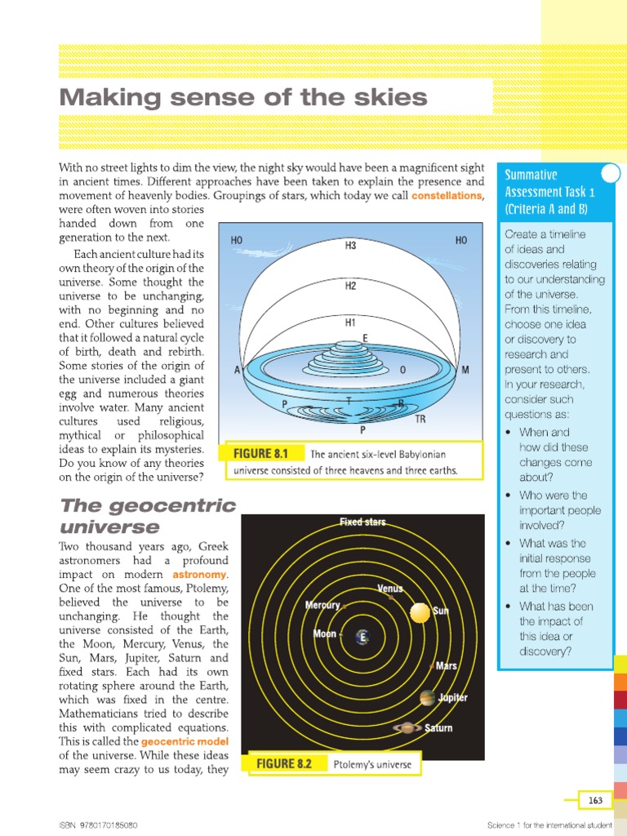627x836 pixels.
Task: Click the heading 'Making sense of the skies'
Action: click(243, 98)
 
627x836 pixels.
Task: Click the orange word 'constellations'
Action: click(447, 197)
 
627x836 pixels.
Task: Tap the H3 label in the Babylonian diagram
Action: click(350, 246)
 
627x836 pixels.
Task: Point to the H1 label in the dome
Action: click(350, 322)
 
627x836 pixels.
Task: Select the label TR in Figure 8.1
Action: click(420, 419)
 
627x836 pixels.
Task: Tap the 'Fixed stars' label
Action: click(362, 522)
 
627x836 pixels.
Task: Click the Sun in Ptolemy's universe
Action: click(420, 611)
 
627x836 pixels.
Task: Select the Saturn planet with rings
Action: click(407, 727)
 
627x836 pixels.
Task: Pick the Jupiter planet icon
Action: click(427, 698)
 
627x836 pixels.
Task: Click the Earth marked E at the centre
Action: click(361, 638)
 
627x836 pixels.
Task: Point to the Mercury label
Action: click(322, 606)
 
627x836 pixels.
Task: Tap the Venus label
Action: click(389, 588)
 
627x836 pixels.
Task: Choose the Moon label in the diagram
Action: click(324, 634)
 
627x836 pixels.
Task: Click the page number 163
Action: click(596, 800)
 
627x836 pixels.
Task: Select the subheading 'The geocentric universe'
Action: click(147, 516)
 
